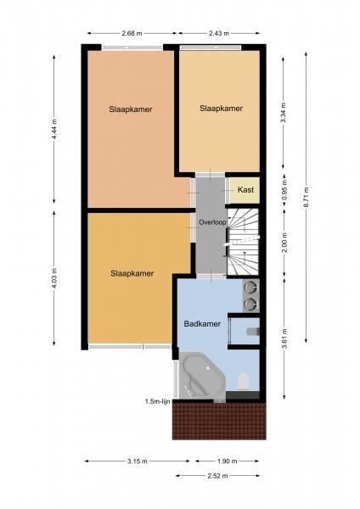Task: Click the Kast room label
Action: pyautogui.click(x=245, y=189)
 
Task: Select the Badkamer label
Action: pyautogui.click(x=202, y=324)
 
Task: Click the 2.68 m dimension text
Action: pyautogui.click(x=132, y=33)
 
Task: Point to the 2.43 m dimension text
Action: pyautogui.click(x=219, y=33)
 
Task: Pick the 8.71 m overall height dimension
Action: pyautogui.click(x=306, y=198)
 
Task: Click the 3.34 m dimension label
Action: pyautogui.click(x=284, y=112)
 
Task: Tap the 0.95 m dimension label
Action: pyautogui.click(x=284, y=191)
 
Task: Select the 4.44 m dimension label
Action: pyautogui.click(x=54, y=129)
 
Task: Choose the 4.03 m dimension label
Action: pyautogui.click(x=54, y=278)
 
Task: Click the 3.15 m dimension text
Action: pyautogui.click(x=137, y=461)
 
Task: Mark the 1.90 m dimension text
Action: pyautogui.click(x=227, y=461)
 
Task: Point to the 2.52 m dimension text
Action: pyautogui.click(x=217, y=476)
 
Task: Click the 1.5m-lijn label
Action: pyautogui.click(x=158, y=401)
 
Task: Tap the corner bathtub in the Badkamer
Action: pyautogui.click(x=200, y=376)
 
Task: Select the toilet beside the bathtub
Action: pyautogui.click(x=244, y=381)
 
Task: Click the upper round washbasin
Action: pyautogui.click(x=250, y=287)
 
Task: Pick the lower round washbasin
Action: pyautogui.click(x=250, y=304)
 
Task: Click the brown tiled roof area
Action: pyautogui.click(x=219, y=421)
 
